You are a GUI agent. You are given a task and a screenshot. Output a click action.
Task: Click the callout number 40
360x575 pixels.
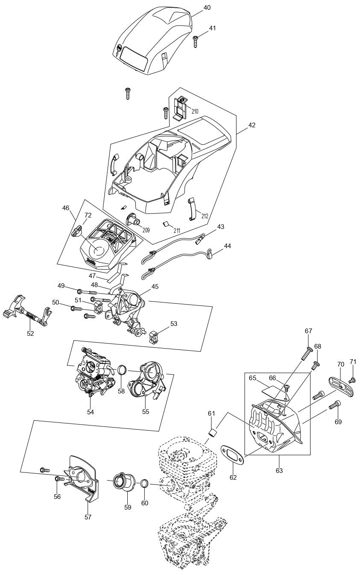pyautogui.click(x=207, y=8)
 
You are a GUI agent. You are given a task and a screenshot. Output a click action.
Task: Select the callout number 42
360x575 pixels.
pyautogui.click(x=252, y=125)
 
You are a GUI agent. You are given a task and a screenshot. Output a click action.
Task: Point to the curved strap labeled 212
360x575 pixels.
pyautogui.click(x=192, y=209)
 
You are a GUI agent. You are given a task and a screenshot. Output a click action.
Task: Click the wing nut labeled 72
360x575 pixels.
pyautogui.click(x=77, y=232)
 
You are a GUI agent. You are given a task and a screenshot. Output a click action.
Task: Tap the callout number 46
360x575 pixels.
pyautogui.click(x=65, y=208)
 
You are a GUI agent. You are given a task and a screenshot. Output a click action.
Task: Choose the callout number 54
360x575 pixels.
pyautogui.click(x=91, y=412)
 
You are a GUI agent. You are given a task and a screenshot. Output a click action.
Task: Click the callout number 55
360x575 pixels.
pyautogui.click(x=146, y=412)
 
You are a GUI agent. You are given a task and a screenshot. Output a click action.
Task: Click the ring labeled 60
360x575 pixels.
pyautogui.click(x=145, y=484)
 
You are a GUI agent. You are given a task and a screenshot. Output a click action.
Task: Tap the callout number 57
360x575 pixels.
pyautogui.click(x=88, y=517)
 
